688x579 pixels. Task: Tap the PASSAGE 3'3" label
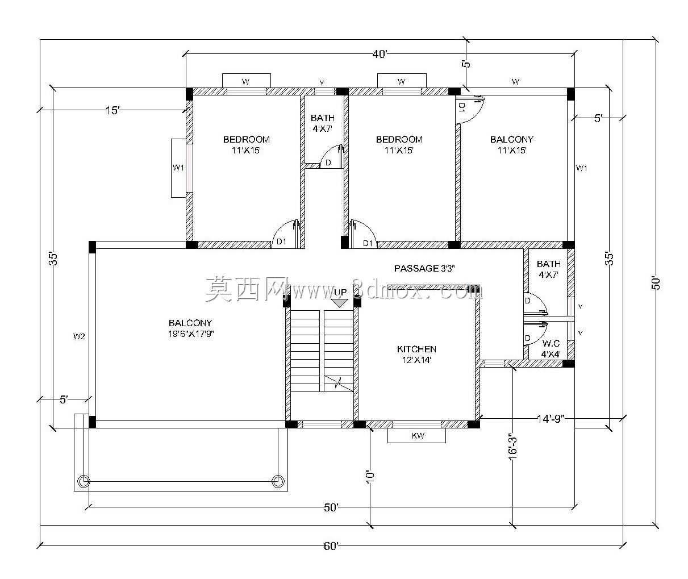424,269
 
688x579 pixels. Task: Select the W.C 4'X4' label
551,349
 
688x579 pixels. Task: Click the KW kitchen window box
416,436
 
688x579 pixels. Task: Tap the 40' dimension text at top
380,54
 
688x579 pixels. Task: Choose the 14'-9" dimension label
551,419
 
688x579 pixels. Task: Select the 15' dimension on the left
112,110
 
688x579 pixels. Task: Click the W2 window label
79,336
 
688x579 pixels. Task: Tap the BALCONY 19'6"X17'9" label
191,328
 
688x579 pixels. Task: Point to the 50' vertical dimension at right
656,284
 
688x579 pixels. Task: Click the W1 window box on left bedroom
178,168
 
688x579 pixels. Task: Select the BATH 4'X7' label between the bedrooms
322,123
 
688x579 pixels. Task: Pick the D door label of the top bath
328,163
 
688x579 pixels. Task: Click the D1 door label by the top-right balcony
462,107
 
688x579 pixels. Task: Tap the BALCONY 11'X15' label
512,145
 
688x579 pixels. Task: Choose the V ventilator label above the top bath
322,82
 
